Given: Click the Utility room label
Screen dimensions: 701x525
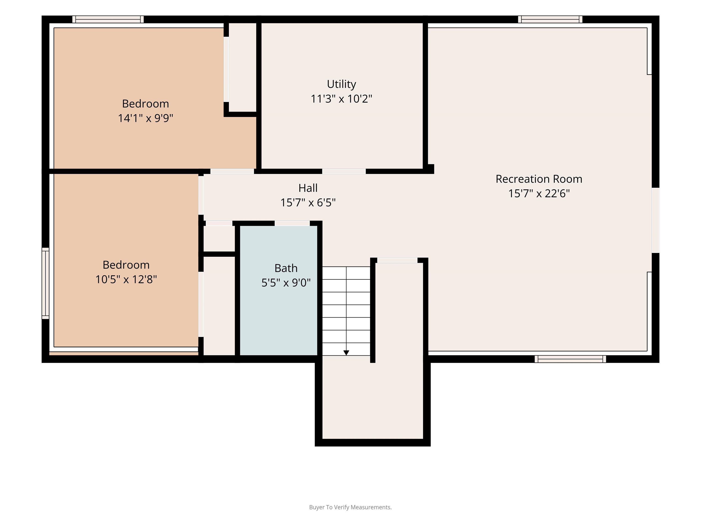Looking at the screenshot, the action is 341,84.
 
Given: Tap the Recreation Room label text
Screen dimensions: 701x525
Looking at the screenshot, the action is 539,179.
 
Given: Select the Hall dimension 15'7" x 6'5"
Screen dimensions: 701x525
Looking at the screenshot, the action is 308,203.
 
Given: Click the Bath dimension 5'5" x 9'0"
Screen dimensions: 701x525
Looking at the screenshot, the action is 286,283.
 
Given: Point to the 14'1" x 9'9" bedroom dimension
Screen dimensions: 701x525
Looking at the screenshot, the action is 145,118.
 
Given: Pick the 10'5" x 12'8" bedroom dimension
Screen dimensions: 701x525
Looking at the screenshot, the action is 126,279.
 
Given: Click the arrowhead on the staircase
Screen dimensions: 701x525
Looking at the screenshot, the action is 346,353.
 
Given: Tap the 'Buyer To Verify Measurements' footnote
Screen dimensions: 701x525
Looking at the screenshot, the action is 350,507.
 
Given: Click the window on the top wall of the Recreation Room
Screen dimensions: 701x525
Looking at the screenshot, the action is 550,19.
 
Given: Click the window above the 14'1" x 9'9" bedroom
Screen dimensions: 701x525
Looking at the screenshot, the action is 108,19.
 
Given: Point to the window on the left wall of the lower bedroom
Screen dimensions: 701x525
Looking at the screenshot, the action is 46,283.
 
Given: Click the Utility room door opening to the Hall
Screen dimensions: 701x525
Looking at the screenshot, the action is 344,171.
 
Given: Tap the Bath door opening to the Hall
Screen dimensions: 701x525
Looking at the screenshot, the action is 292,223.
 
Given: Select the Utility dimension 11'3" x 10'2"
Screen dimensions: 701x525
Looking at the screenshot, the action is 341,99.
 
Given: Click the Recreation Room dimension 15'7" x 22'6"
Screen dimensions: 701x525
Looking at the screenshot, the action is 539,193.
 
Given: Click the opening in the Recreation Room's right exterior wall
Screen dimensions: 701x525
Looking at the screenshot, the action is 655,220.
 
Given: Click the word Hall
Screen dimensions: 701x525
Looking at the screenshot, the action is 308,188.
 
